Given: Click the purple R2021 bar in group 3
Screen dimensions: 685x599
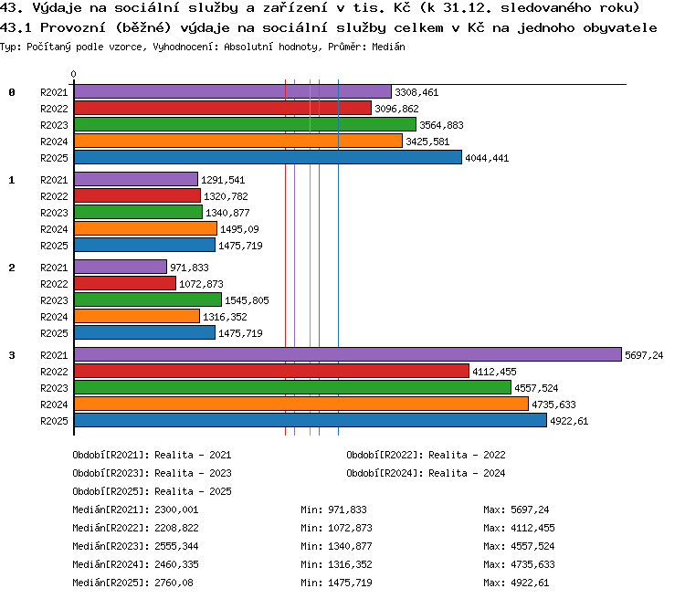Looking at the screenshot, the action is click(348, 354).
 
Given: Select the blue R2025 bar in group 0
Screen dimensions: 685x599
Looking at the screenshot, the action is click(268, 157).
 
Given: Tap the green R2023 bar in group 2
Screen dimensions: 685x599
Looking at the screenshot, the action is click(148, 299).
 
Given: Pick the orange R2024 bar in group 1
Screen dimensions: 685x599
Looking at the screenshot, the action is click(145, 228).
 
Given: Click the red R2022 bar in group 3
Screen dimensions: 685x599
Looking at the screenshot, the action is click(272, 371).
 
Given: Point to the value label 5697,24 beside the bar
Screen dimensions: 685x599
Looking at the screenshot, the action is click(644, 355).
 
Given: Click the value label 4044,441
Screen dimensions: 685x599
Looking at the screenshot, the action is click(487, 158).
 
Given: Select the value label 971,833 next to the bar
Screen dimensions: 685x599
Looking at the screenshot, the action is click(189, 268).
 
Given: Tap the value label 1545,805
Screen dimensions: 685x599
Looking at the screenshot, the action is click(247, 300).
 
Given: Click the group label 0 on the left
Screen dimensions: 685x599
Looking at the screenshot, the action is click(12, 92).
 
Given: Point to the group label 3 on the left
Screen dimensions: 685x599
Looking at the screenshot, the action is click(12, 355).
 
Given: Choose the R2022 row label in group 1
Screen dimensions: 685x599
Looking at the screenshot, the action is click(54, 196).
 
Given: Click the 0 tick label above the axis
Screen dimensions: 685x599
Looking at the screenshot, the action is click(73, 74).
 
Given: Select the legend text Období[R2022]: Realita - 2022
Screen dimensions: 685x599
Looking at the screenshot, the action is click(426, 455).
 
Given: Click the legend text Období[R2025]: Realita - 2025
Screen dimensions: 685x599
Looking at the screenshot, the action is click(152, 491).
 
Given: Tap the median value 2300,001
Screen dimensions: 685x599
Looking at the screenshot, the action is click(176, 510).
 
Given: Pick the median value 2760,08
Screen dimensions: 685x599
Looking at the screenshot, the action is click(174, 583).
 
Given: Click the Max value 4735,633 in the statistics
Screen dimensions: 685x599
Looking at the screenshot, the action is click(532, 564).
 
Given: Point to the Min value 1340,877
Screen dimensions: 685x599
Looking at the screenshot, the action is click(350, 546).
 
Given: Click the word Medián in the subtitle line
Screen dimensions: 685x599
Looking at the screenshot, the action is click(388, 47).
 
